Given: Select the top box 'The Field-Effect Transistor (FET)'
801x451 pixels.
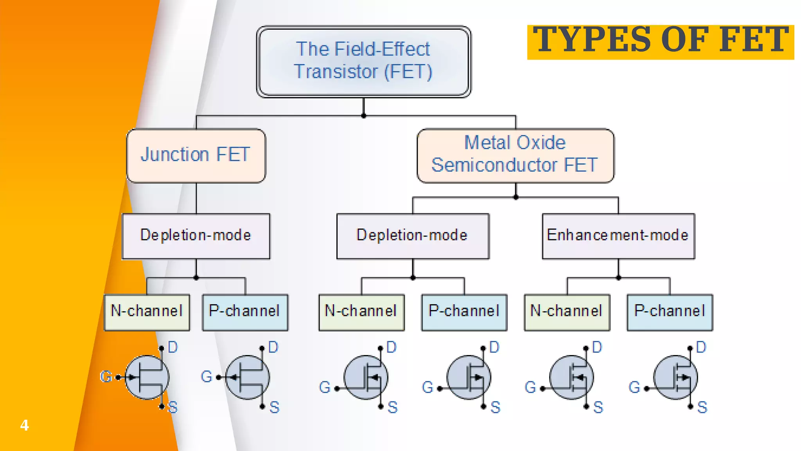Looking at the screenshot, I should coord(363,61).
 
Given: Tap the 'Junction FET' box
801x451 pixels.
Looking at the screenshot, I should coord(196,155).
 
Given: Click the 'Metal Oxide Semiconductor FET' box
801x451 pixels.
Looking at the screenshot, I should coord(515,155).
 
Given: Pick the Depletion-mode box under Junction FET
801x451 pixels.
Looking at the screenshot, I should coord(196,236).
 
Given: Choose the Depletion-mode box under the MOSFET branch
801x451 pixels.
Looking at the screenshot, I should coord(413,236).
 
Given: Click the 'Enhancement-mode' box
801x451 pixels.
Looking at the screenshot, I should coord(618,236).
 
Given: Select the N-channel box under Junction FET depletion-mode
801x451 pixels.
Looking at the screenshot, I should coord(147,312).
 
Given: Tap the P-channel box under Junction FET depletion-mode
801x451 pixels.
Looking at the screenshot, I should coord(245,312).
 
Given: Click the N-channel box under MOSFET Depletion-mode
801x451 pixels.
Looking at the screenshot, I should coord(361,312).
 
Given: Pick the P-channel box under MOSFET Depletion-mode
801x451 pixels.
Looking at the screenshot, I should coord(464,312).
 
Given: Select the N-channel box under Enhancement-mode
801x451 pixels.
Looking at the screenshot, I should coord(567,312).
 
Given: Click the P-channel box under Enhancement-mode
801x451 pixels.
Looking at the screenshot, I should coord(670,312).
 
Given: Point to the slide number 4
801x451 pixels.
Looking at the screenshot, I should coord(24,425).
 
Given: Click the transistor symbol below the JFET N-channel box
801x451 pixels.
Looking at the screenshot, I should coord(147,377).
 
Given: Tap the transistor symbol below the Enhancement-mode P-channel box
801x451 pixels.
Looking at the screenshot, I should coord(675,377).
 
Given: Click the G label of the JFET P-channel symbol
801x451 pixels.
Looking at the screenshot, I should coord(206,377).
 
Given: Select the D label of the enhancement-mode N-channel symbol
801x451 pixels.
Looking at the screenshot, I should coord(597,347).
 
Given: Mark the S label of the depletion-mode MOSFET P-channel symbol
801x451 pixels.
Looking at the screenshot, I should coord(496,408).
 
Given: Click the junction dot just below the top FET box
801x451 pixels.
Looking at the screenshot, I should coord(364,116).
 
